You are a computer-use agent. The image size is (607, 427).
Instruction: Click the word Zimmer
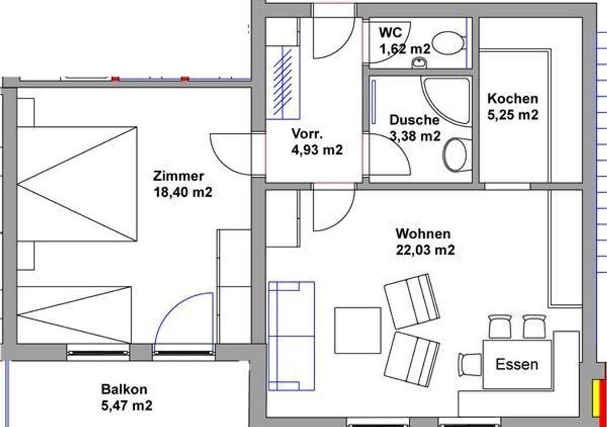click(178, 176)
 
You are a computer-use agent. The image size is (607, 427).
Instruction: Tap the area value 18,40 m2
click(183, 192)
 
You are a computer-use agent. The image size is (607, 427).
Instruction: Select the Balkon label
click(124, 389)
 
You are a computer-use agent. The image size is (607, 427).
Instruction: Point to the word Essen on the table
click(517, 365)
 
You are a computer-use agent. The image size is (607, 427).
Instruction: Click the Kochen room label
click(513, 98)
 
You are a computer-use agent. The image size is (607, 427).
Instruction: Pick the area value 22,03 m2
click(425, 250)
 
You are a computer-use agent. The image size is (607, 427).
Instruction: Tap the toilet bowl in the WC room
click(448, 43)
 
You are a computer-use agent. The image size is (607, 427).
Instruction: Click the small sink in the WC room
click(419, 62)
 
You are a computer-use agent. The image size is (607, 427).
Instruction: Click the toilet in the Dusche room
click(457, 155)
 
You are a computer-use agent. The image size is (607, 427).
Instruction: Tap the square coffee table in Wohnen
click(357, 330)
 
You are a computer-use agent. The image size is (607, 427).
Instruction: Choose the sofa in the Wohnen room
click(291, 336)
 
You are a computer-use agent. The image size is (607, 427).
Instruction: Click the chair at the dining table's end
click(470, 365)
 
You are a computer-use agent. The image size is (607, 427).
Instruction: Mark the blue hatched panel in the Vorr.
click(283, 82)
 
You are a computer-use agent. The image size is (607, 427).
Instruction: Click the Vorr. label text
click(307, 133)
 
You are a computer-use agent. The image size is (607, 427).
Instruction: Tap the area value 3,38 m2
click(414, 136)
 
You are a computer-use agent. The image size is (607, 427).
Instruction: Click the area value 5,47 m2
click(127, 406)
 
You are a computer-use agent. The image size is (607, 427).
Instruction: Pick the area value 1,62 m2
click(404, 49)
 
